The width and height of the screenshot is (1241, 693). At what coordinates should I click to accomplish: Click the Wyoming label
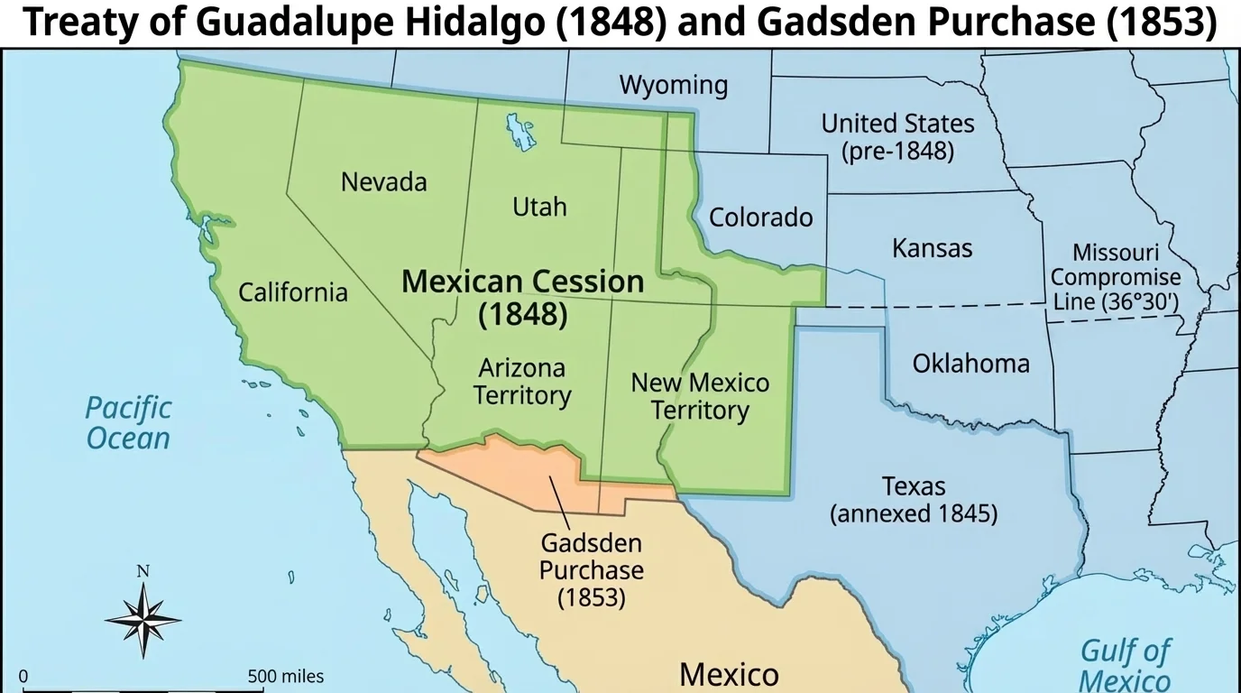(x=673, y=85)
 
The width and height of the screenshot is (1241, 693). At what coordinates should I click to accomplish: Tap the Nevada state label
(x=383, y=181)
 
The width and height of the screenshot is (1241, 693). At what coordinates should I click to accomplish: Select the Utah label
(x=539, y=207)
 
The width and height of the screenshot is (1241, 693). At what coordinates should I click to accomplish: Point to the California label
(x=292, y=291)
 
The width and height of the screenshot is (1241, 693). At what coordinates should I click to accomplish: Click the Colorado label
(x=760, y=217)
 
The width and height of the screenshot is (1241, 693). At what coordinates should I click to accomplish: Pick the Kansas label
(x=932, y=247)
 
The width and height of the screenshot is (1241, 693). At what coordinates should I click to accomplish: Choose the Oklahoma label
(x=970, y=363)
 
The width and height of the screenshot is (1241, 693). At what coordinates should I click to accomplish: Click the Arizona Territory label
(x=522, y=382)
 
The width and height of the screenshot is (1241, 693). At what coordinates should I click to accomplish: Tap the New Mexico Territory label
(x=700, y=396)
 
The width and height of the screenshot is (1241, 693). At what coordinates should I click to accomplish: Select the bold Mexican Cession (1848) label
(x=522, y=297)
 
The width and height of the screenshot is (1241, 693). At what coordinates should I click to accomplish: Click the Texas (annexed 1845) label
(x=913, y=500)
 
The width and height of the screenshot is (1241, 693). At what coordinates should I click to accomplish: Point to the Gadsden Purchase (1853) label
(x=592, y=570)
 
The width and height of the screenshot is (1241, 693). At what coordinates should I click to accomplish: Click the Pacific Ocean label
(x=128, y=423)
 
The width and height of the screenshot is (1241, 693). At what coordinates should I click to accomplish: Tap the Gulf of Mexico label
(x=1125, y=665)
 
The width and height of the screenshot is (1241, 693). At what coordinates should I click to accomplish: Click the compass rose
(x=142, y=619)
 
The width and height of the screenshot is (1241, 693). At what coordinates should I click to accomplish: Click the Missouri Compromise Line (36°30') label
(x=1115, y=277)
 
